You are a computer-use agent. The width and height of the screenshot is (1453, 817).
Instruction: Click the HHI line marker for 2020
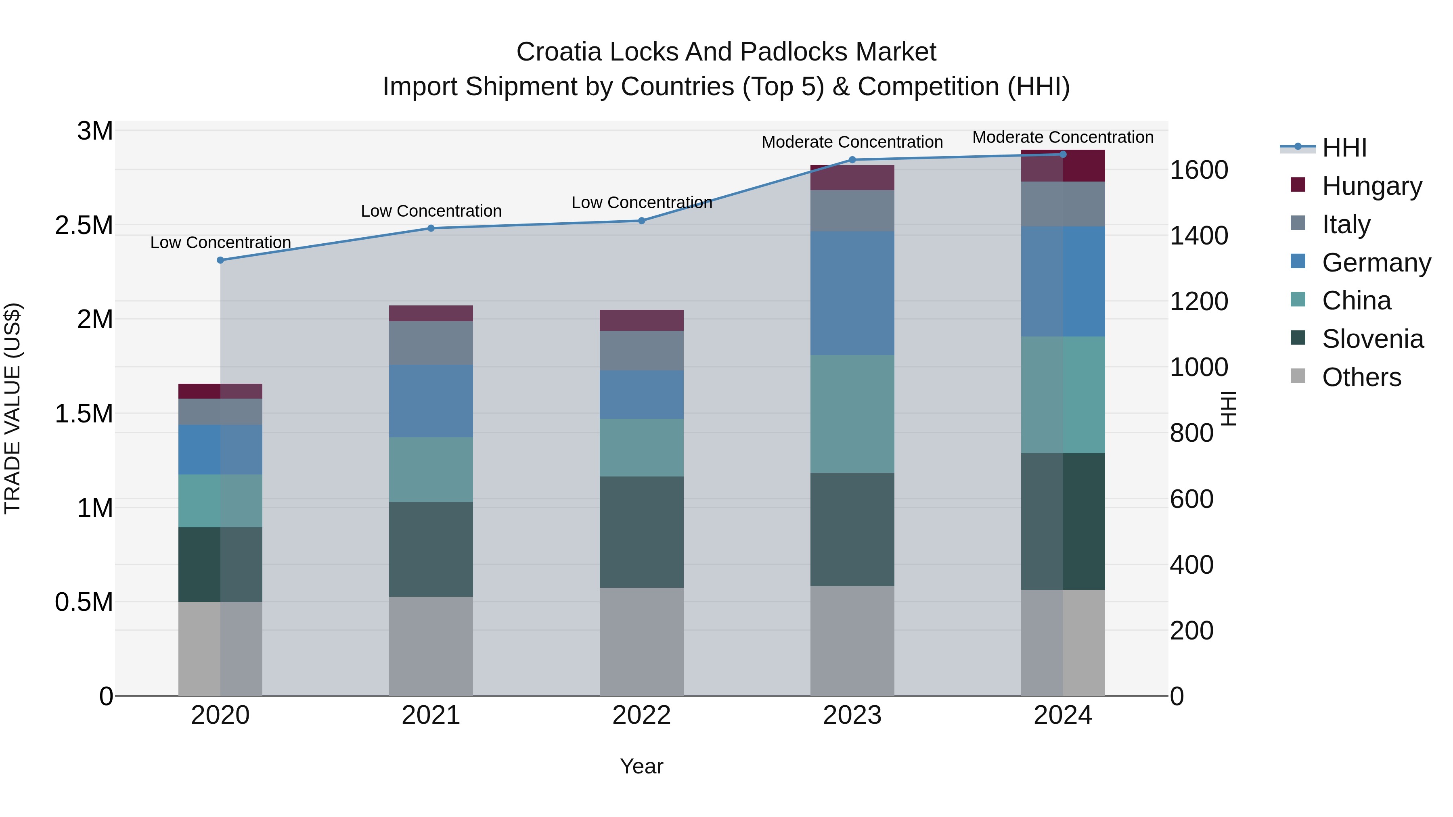point(220,260)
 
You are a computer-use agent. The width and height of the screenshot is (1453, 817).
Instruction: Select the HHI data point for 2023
point(852,159)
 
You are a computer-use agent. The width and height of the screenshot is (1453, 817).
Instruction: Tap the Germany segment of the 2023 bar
point(852,293)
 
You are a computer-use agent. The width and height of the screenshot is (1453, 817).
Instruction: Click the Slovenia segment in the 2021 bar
point(431,549)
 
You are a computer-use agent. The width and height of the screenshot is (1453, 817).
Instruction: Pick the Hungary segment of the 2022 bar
point(641,320)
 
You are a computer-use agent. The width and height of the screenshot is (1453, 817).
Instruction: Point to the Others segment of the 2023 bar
point(852,641)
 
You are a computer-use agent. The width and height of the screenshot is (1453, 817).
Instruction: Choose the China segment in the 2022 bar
point(641,448)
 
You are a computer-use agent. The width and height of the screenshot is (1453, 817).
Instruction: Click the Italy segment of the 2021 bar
point(431,343)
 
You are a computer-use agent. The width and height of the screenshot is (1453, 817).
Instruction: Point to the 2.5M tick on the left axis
point(84,226)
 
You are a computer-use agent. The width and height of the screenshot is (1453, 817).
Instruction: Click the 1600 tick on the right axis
point(1199,170)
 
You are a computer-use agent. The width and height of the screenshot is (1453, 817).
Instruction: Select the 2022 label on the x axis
point(641,715)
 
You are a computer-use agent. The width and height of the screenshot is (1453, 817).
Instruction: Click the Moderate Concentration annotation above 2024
point(1063,137)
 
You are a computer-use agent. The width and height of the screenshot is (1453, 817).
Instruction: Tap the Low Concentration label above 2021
point(431,211)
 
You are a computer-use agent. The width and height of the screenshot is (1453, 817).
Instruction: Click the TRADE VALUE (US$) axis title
point(13,408)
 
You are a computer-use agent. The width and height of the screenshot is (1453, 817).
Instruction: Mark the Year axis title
point(641,766)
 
